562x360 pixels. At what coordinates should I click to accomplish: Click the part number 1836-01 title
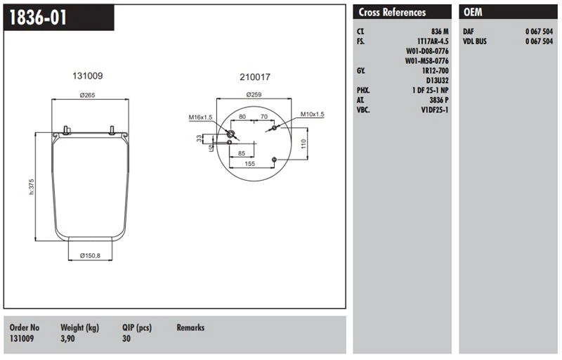[x=39, y=18]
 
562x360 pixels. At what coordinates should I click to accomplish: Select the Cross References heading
[x=392, y=12]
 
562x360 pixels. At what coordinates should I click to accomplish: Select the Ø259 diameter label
[x=254, y=95]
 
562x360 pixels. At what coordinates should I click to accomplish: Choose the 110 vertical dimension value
[x=303, y=143]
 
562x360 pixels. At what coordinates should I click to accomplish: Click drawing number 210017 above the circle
[x=254, y=77]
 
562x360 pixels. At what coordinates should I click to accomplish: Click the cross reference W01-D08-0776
[x=427, y=51]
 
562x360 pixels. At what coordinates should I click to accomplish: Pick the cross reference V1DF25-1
[x=435, y=110]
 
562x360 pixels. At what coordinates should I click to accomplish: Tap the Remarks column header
[x=190, y=328]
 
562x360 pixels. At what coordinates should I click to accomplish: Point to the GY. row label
[x=362, y=71]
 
